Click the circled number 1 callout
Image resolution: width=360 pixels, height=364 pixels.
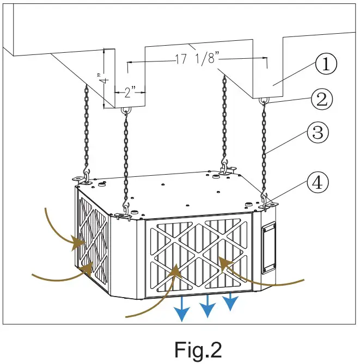(x=325, y=65)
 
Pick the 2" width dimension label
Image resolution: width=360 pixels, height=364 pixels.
(x=130, y=92)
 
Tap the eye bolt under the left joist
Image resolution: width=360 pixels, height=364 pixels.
(x=126, y=110)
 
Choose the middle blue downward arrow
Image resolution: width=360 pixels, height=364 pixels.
(x=207, y=308)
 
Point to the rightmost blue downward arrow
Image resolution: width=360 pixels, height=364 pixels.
(x=231, y=301)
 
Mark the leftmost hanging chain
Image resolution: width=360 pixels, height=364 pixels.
(x=86, y=131)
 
